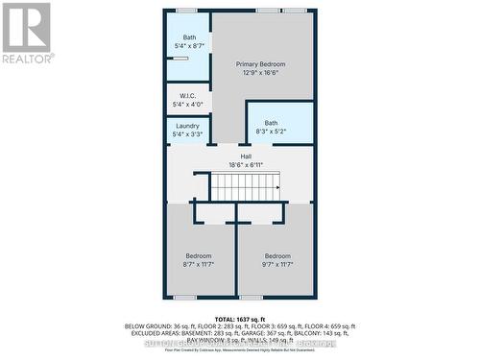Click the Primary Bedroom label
261,63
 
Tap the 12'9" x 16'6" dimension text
261,72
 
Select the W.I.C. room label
188,95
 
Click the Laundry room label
188,127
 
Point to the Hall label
247,156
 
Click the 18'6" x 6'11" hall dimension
247,165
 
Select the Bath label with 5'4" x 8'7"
189,37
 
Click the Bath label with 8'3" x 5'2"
272,122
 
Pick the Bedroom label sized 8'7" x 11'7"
199,255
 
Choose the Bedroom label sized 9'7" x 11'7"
277,255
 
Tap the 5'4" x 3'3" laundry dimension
188,135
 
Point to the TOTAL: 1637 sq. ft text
240,318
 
